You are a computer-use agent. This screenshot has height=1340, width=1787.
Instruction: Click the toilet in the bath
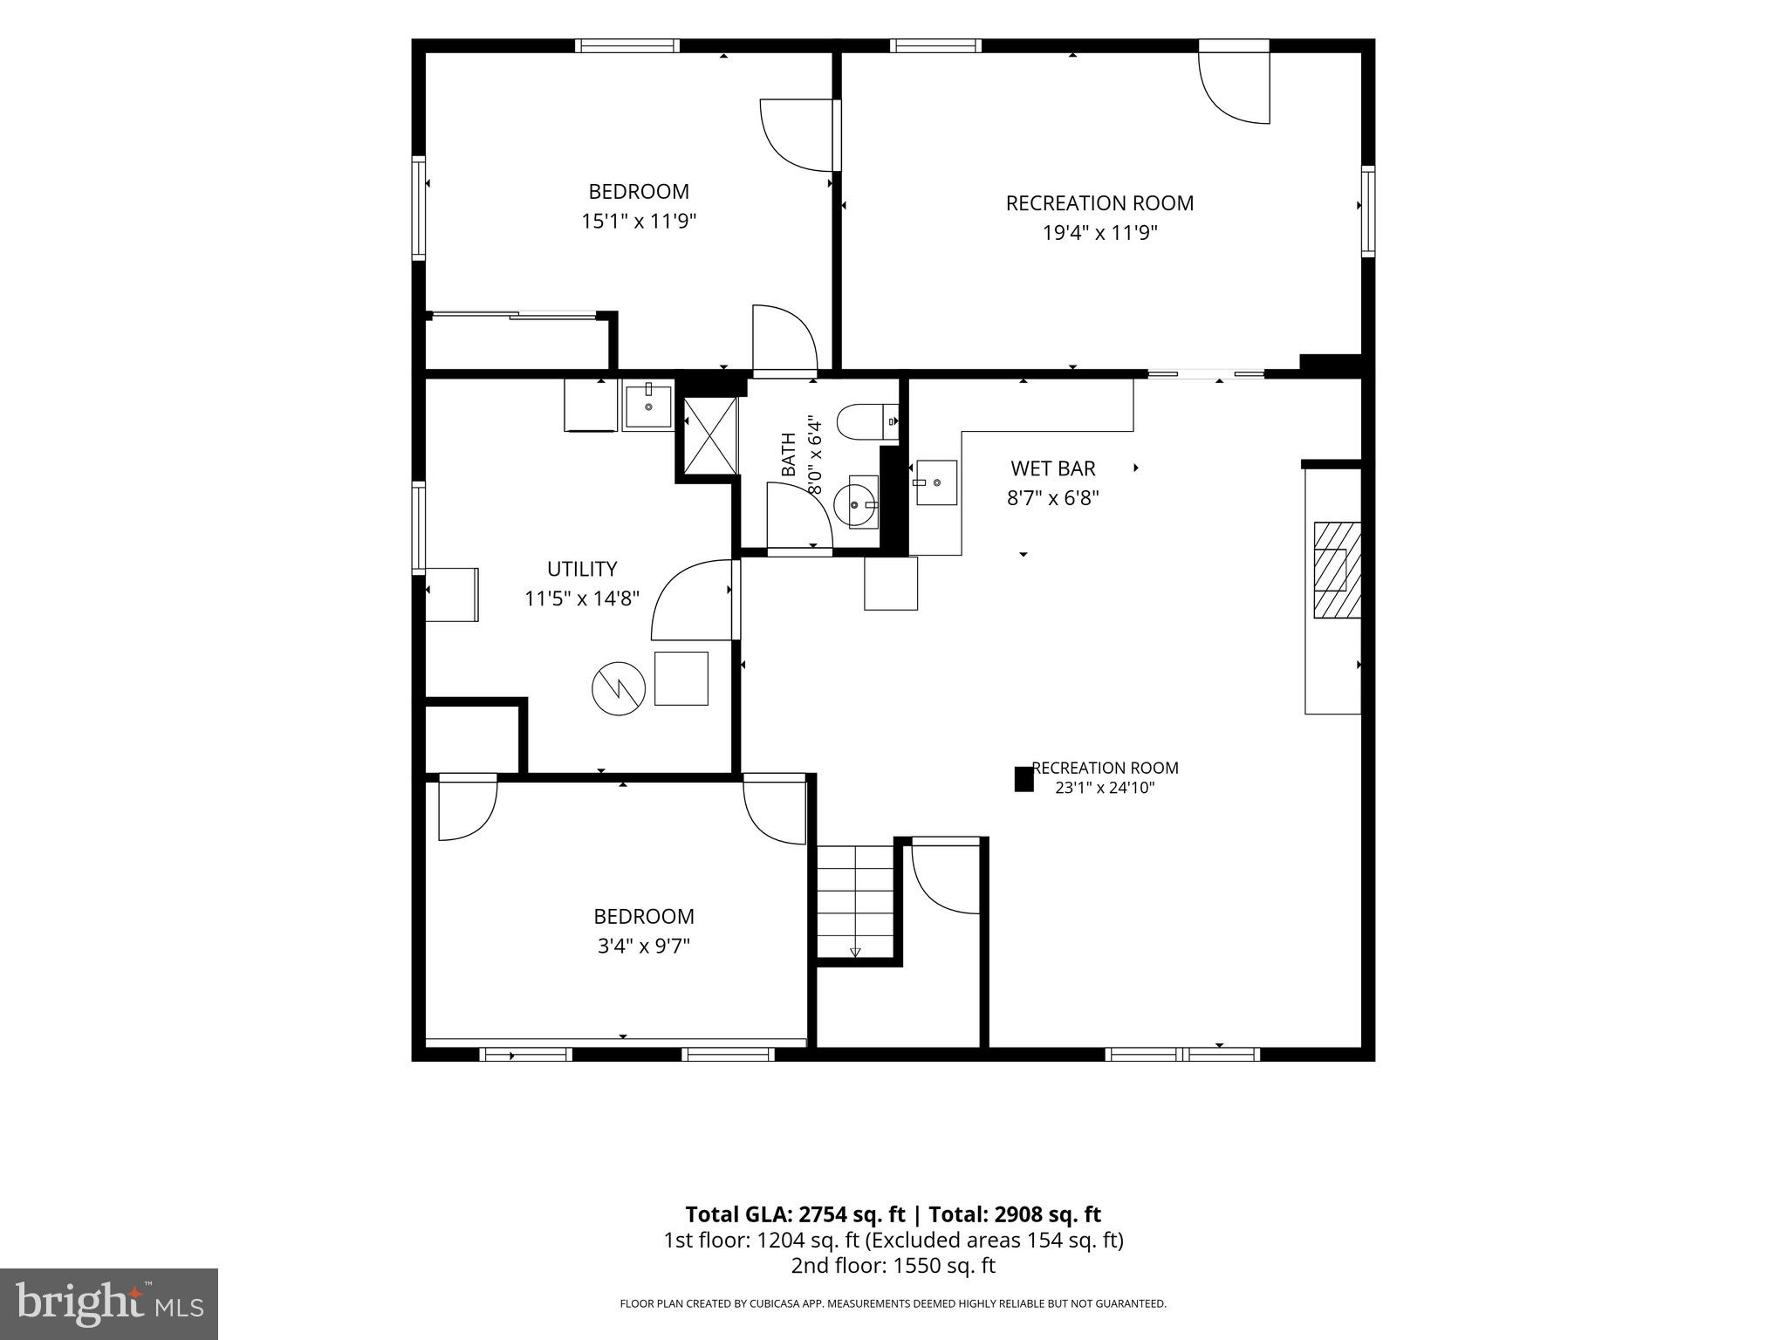tap(867, 422)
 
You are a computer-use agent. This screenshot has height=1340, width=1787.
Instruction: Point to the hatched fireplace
tap(1338, 570)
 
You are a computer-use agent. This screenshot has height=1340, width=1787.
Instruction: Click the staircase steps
tap(856, 902)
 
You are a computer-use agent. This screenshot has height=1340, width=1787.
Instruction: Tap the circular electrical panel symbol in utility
tap(619, 688)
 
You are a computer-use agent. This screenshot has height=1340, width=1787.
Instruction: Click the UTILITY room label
tap(582, 569)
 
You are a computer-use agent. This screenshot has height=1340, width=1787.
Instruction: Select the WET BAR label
tap(1053, 468)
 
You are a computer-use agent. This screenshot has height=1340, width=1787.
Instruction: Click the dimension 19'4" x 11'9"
tap(1100, 233)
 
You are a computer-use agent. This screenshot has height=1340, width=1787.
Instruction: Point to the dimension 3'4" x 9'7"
tap(644, 946)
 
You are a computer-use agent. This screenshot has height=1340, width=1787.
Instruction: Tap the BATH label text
tap(789, 455)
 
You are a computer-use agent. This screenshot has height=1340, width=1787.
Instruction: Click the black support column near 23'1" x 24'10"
tap(1024, 779)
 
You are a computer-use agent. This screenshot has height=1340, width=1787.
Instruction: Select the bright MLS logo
tap(109, 1303)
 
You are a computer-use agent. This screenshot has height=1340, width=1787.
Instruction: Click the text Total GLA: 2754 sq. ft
tap(795, 1214)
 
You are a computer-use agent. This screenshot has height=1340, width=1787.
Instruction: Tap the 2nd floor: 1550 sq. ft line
tap(893, 1266)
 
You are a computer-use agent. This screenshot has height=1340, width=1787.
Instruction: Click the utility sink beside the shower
tap(648, 407)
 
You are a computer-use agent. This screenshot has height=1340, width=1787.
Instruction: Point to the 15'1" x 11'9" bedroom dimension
tap(639, 222)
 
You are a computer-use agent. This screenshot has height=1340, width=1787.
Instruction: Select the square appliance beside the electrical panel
tap(681, 678)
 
